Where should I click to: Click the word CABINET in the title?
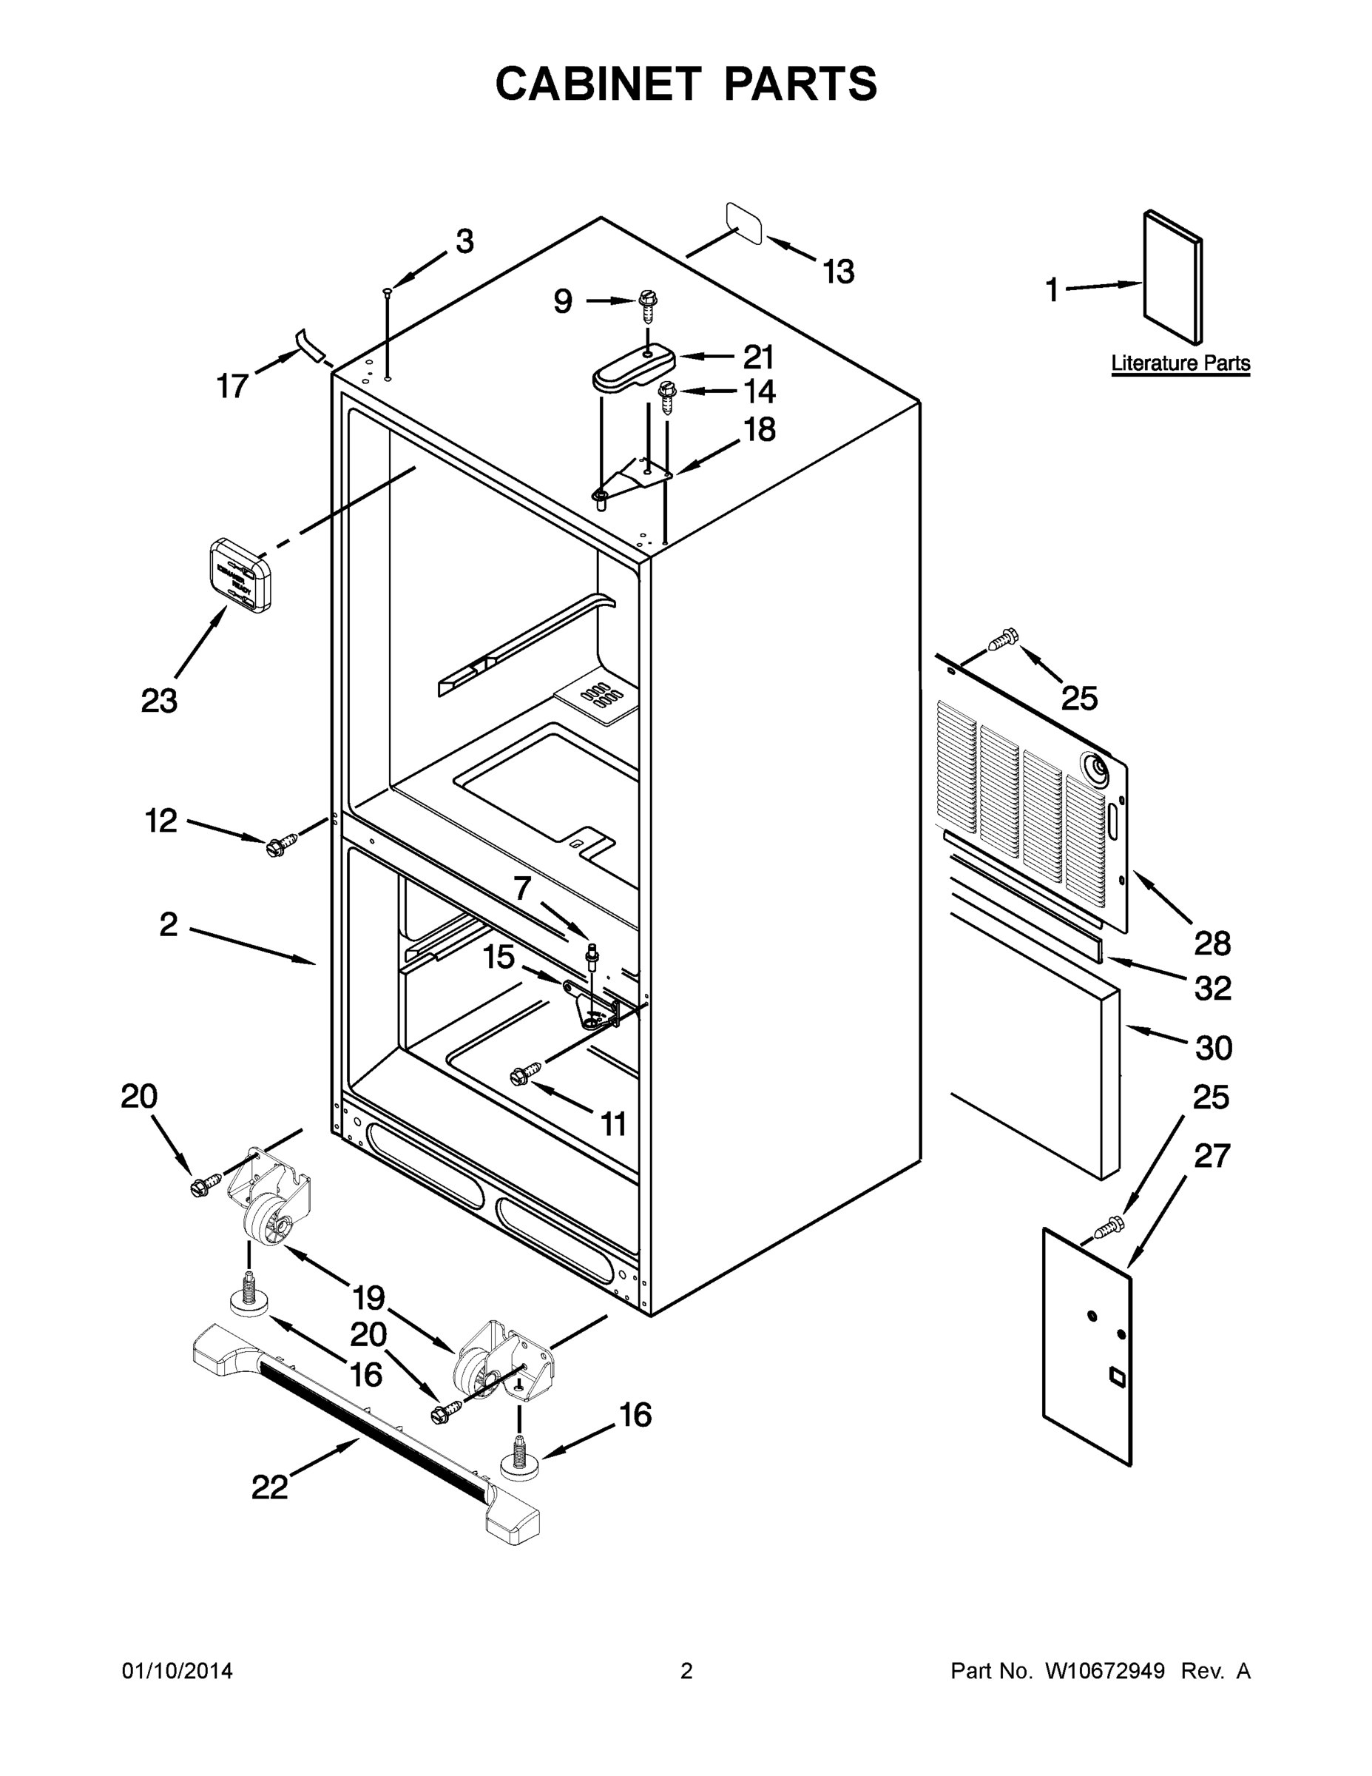(598, 84)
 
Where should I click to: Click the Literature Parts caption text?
(1180, 363)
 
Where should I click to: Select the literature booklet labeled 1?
(1172, 277)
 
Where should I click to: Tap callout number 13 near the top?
(838, 272)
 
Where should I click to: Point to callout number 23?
(159, 700)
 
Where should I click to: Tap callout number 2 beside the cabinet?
(168, 924)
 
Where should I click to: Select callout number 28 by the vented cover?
(1212, 943)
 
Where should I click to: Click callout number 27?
(1211, 1156)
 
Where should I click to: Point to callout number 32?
(1212, 989)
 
